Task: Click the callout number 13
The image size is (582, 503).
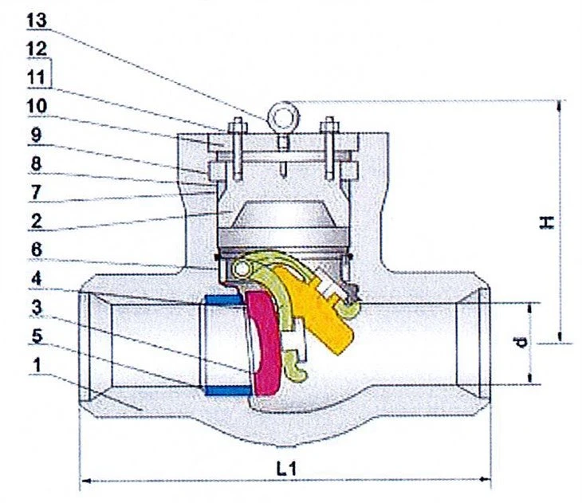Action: pos(37,21)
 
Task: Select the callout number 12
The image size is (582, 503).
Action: pos(37,49)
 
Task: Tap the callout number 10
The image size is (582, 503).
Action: pos(37,106)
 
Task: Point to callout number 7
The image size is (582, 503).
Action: pos(36,192)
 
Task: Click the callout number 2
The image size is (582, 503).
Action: pos(37,221)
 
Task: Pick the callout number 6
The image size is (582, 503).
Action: pos(37,250)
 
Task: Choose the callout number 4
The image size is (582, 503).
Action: pos(37,278)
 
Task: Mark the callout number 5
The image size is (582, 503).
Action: pos(37,336)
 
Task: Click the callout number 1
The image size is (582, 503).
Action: pos(37,365)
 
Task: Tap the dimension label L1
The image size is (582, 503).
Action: pos(286,469)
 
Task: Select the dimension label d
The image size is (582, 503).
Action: pos(521,342)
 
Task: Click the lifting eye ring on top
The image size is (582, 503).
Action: pos(283,116)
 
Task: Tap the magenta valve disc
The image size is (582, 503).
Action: pos(265,344)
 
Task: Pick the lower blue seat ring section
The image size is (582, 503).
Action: pos(228,390)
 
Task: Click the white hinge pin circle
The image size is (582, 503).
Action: pos(242,269)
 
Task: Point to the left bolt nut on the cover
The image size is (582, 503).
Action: pos(238,128)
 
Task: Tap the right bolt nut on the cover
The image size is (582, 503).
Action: pos(329,128)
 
